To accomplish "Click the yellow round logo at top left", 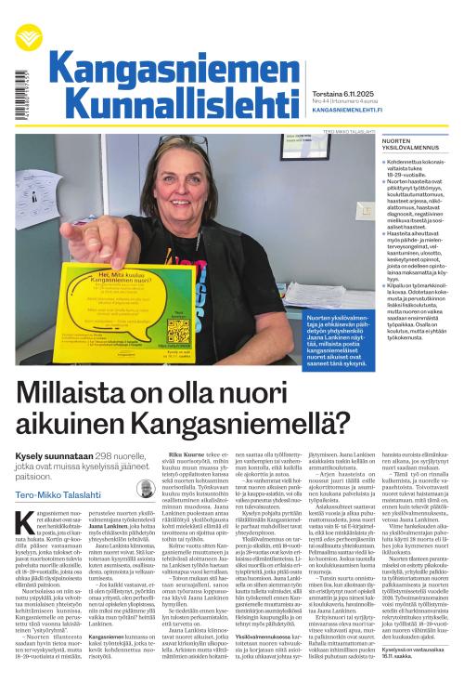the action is [x=29, y=37].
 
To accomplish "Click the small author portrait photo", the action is [x=144, y=489].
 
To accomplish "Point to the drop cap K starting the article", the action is [x=25, y=523].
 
